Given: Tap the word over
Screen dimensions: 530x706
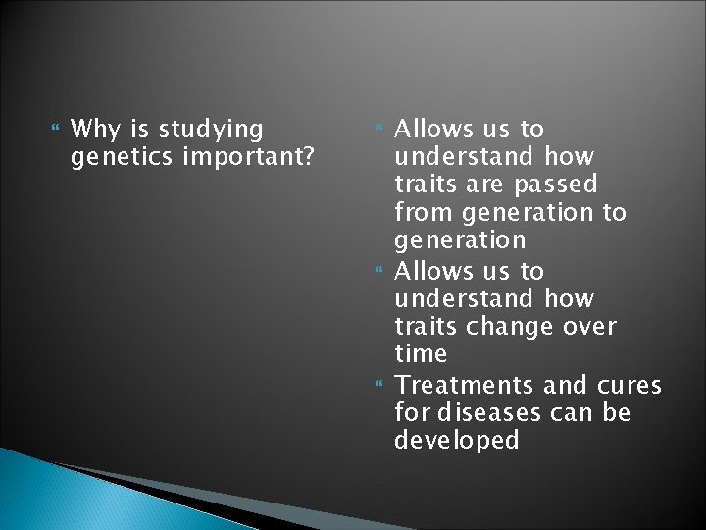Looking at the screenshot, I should point(589,325).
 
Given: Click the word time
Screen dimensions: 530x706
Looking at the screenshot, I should point(420,353).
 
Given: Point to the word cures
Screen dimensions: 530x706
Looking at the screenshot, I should point(627,384).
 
